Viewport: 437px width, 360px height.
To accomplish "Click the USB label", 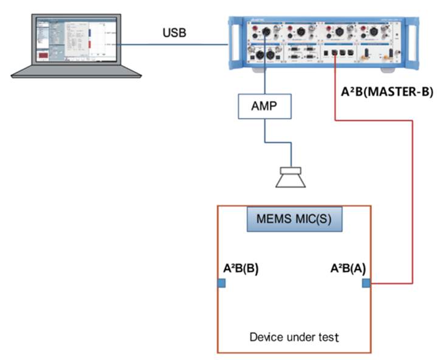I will click(x=174, y=32).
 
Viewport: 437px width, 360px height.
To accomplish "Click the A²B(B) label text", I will click(x=241, y=268).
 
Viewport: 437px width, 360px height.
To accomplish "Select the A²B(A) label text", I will click(x=348, y=268).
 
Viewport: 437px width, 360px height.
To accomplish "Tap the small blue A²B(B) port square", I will click(x=221, y=283).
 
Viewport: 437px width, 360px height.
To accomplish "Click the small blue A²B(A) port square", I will click(x=366, y=283).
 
